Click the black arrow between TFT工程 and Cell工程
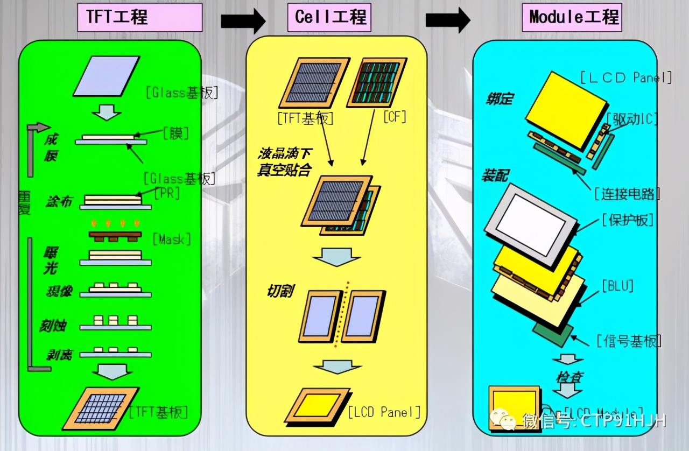(x=243, y=21)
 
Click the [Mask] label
(x=172, y=238)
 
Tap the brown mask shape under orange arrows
(x=115, y=236)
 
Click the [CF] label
(x=395, y=116)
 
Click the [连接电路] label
(x=627, y=193)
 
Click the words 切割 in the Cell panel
(x=280, y=291)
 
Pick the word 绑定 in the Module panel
(x=499, y=99)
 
